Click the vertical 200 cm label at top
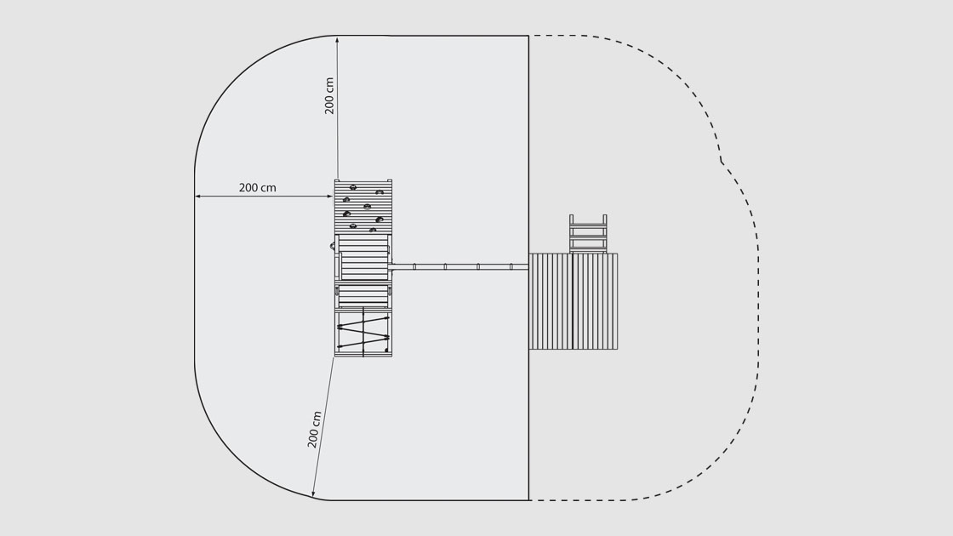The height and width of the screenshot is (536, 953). tap(328, 96)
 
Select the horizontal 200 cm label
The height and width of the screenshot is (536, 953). tap(257, 188)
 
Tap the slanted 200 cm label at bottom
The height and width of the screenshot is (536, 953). tap(314, 430)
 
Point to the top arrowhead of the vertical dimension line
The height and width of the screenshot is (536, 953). tap(337, 39)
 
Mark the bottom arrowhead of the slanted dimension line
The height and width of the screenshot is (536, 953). tap(314, 493)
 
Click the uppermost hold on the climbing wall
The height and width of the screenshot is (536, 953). tap(352, 187)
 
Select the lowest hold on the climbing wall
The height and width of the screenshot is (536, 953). tap(372, 231)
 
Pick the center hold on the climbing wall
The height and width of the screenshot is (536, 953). tap(367, 207)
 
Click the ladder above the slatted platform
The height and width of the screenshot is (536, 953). tap(588, 233)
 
